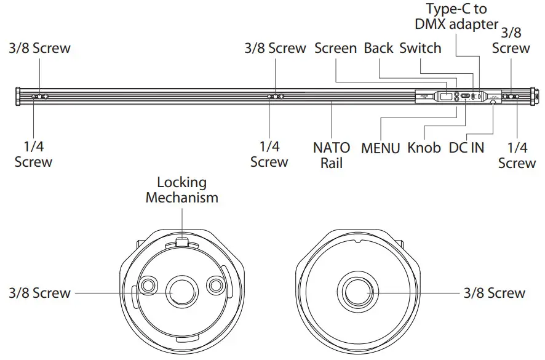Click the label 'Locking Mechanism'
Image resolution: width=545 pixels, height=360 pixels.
coord(181,190)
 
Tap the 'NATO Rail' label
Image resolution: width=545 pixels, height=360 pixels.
coord(332,154)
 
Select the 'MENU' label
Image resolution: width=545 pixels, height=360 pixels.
coord(381,148)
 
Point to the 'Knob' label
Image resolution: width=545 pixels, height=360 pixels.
coord(424,148)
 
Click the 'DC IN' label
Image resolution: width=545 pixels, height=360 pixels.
coord(466,148)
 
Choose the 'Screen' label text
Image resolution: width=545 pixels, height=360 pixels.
coord(335,48)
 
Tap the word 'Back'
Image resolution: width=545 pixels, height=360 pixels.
coord(378,48)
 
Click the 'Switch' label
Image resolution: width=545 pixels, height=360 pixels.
coord(420,48)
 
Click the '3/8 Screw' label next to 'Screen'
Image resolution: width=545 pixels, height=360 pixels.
coord(275,48)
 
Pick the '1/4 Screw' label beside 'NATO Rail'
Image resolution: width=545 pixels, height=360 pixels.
coord(269,154)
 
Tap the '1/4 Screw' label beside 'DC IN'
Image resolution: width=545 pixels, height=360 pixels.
coord(517,155)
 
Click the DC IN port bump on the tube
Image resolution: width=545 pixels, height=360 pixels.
coord(493,103)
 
